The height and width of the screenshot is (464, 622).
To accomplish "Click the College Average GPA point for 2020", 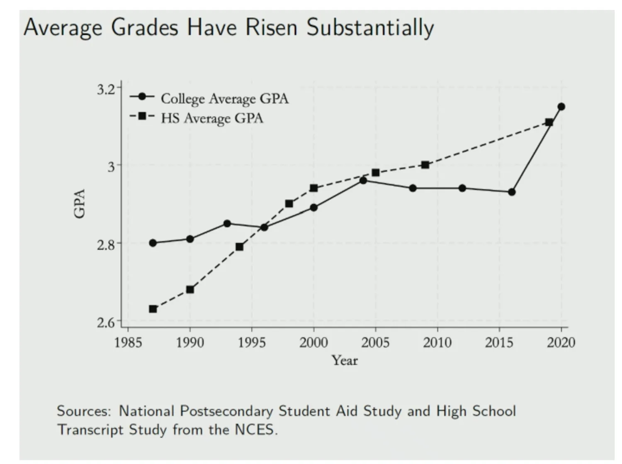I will (561, 107).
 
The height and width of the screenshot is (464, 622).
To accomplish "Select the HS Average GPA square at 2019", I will (549, 122).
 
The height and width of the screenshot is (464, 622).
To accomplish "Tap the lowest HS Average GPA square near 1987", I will (153, 309).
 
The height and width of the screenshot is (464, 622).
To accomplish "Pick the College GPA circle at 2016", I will (512, 192).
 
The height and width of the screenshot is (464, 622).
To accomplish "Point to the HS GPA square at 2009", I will (425, 165).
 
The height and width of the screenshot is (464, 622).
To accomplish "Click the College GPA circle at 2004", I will (363, 181).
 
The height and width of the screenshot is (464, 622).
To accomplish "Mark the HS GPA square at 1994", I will (239, 247).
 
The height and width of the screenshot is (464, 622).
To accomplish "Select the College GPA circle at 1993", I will (227, 223).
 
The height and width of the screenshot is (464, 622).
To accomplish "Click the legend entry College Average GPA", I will (224, 99).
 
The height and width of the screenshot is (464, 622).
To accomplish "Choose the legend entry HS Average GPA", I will (212, 118).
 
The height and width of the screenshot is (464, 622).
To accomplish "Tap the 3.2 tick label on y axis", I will (106, 89).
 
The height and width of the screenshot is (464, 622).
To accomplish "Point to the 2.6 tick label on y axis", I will (106, 323).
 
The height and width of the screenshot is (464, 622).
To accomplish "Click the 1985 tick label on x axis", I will (128, 342).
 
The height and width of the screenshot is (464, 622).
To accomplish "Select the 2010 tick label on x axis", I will (437, 342).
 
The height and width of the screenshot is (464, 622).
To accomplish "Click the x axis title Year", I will (345, 360).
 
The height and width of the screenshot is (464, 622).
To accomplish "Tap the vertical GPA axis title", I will (79, 203).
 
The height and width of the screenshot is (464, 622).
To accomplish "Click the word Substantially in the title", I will (370, 28).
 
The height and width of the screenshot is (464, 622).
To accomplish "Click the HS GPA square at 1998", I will (289, 204).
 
